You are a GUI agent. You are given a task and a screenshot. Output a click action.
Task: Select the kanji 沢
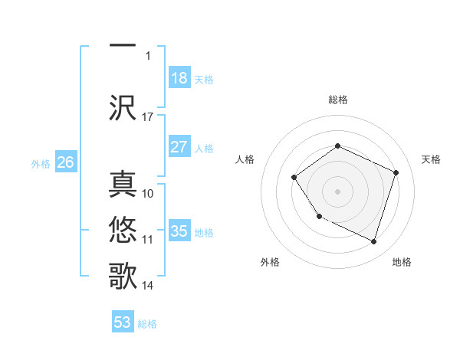click(x=123, y=106)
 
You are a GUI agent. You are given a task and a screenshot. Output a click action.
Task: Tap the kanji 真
click(x=123, y=187)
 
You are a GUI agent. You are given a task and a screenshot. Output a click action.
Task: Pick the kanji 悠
click(x=123, y=230)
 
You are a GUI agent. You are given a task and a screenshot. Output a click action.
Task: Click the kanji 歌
click(x=123, y=275)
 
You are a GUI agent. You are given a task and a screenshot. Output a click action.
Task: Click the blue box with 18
click(x=179, y=77)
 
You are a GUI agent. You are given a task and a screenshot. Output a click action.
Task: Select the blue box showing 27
click(x=179, y=147)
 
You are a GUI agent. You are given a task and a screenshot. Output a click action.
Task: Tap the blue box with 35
click(x=179, y=231)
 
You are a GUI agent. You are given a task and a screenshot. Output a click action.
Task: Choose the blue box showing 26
click(x=66, y=162)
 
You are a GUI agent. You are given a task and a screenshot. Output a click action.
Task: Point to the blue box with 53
click(x=123, y=322)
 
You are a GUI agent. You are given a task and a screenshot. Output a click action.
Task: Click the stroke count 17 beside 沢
click(x=148, y=116)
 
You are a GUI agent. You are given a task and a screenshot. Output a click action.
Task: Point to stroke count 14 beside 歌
click(x=148, y=286)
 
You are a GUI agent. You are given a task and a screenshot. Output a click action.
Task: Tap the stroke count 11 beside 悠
click(x=148, y=240)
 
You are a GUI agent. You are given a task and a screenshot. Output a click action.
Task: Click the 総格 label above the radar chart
click(x=337, y=100)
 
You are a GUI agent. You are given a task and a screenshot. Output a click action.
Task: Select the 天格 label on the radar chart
click(x=431, y=159)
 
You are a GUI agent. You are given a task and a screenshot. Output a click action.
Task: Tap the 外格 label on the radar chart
click(x=270, y=262)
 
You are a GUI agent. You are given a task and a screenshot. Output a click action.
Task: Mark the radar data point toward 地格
click(x=373, y=242)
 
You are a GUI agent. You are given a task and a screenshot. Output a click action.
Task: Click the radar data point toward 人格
click(x=295, y=178)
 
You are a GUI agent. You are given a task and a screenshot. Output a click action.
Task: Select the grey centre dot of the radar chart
click(x=337, y=191)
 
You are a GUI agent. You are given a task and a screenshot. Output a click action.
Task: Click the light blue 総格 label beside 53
click(x=147, y=323)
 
